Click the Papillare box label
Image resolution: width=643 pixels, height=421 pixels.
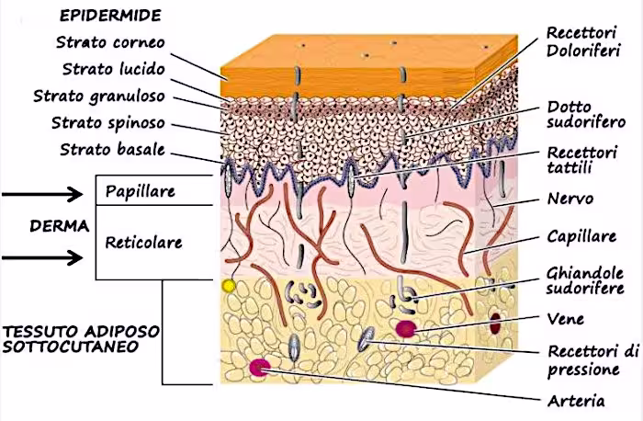[141, 193]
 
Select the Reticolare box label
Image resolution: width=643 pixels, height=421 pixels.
[143, 243]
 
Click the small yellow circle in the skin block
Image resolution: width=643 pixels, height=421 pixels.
[229, 287]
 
